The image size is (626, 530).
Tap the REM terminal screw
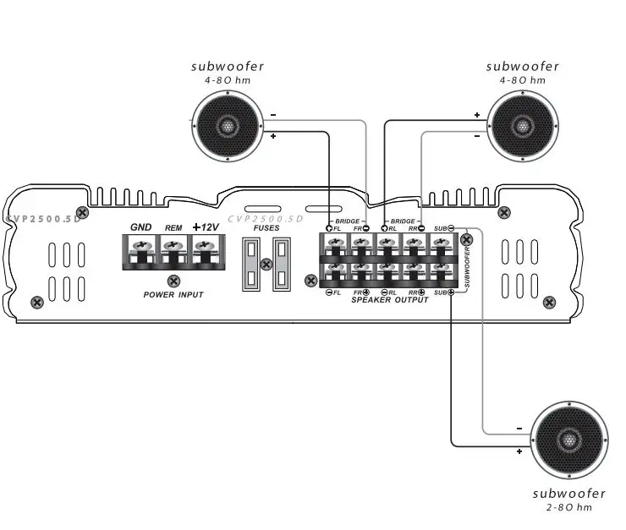tap(172, 246)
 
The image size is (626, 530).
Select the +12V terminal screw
tap(203, 246)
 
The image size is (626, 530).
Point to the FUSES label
tap(266, 227)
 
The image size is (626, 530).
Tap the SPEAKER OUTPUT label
tap(389, 300)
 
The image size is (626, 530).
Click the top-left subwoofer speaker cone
tap(227, 127)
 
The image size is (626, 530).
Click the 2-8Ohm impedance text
tap(568, 507)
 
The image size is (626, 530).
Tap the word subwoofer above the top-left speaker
tap(227, 66)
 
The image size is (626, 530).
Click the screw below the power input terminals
tap(173, 281)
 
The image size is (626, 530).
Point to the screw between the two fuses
tap(266, 265)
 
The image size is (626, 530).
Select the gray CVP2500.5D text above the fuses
tap(265, 218)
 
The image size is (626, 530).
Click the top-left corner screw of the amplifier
tap(82, 211)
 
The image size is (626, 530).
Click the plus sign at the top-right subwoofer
tap(476, 115)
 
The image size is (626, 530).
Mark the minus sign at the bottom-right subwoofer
tap(518, 427)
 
